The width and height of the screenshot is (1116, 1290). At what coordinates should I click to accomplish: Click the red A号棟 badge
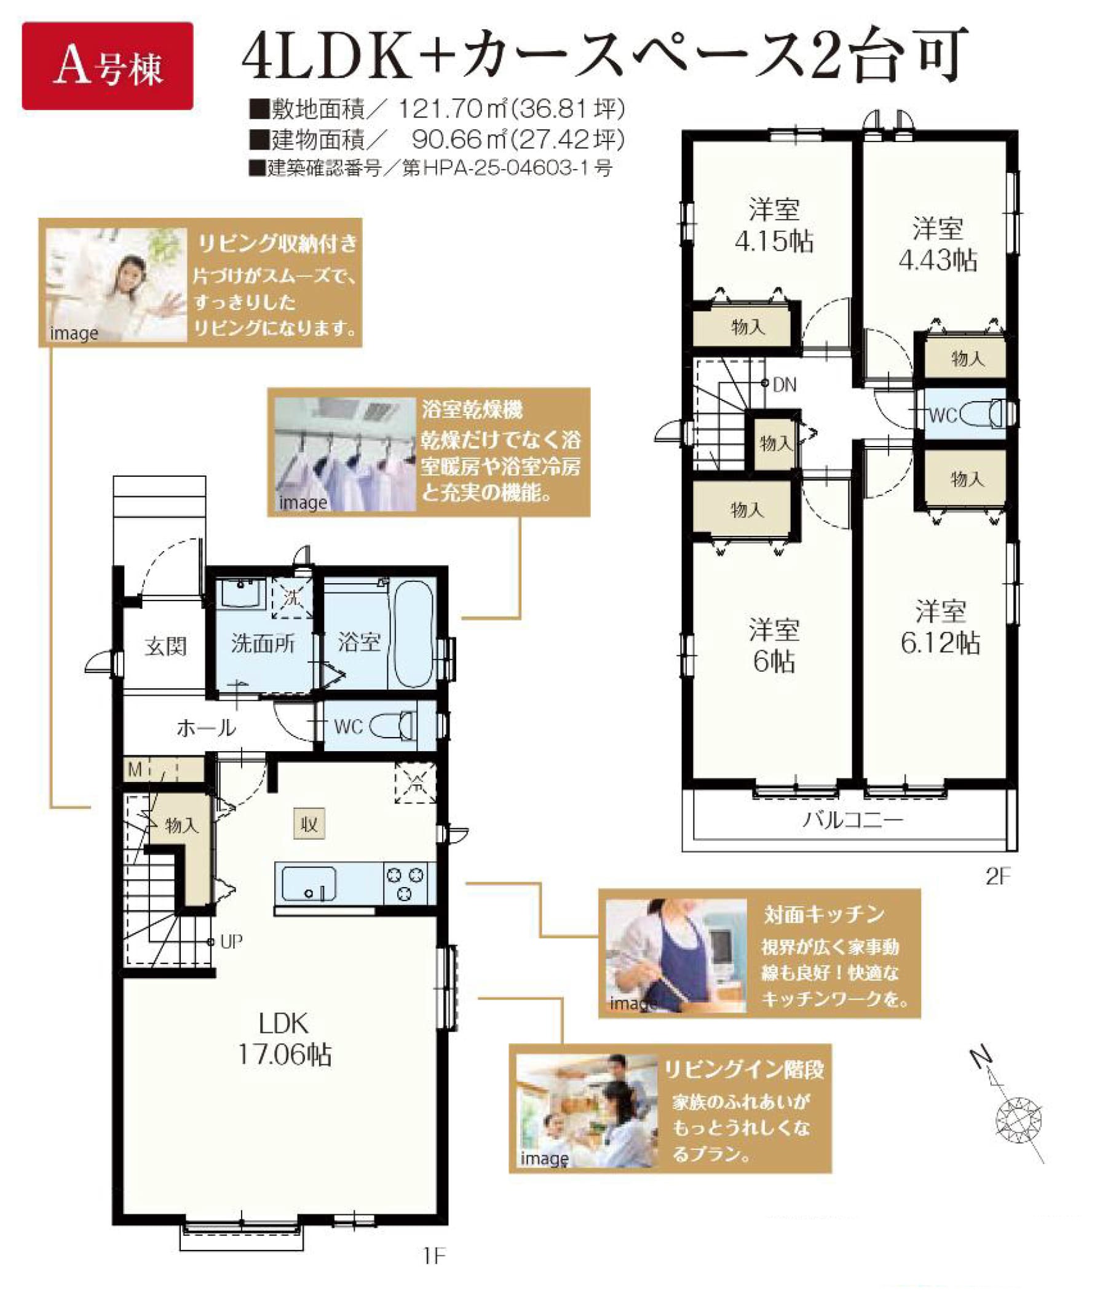(107, 66)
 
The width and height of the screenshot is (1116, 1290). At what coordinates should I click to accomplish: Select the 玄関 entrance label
(165, 646)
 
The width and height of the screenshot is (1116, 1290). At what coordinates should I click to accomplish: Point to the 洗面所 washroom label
(263, 643)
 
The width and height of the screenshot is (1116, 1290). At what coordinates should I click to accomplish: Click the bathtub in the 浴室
(414, 635)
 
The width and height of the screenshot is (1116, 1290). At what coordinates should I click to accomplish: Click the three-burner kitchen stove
(405, 883)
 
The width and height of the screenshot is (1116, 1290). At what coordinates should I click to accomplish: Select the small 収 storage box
(309, 825)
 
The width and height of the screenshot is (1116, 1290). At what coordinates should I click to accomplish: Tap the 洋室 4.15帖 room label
(774, 225)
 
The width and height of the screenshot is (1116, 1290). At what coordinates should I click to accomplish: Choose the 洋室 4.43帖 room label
(937, 244)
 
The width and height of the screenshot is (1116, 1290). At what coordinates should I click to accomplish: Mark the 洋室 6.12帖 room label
(940, 627)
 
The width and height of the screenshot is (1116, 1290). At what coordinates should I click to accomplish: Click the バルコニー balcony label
(853, 820)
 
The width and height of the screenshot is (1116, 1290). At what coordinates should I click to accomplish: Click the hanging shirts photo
(345, 455)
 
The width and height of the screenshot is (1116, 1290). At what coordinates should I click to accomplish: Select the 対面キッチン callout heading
(825, 914)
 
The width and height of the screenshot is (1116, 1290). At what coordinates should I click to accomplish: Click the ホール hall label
(206, 728)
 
